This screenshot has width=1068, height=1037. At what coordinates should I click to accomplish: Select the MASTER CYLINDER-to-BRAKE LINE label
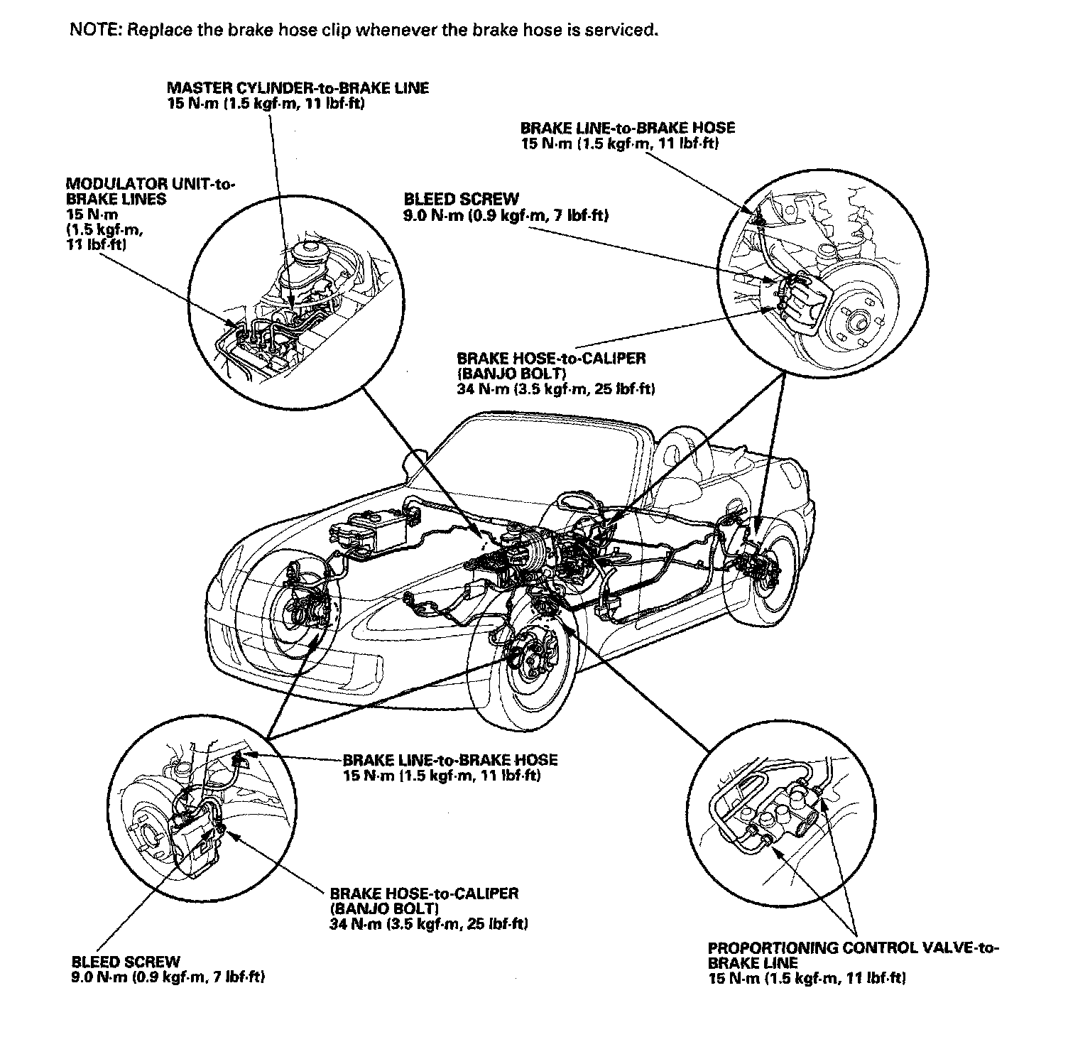tap(298, 88)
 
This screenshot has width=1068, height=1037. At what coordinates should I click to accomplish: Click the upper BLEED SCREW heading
tap(461, 200)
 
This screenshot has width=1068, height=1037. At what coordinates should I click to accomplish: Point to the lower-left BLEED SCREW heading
tap(126, 962)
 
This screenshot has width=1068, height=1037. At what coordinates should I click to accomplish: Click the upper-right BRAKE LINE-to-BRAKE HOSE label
tap(628, 129)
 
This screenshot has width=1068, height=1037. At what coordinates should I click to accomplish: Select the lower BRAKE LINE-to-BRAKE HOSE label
tap(450, 760)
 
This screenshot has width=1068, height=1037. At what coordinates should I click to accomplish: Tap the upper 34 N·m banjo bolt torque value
tap(556, 389)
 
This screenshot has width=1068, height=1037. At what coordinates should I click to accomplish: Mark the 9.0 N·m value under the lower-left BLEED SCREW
tap(168, 977)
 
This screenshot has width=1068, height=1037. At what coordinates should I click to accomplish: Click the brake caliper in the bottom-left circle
tap(195, 842)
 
